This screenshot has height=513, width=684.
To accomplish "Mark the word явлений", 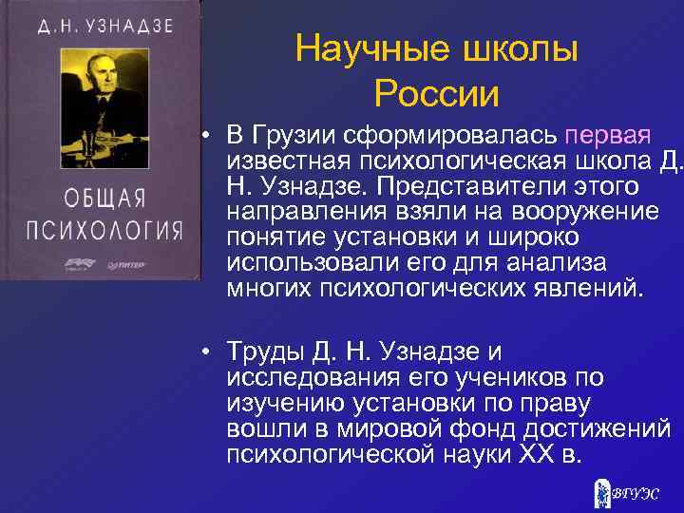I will tap(590, 288).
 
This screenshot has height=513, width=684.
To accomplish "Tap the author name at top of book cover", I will tap(105, 26).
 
